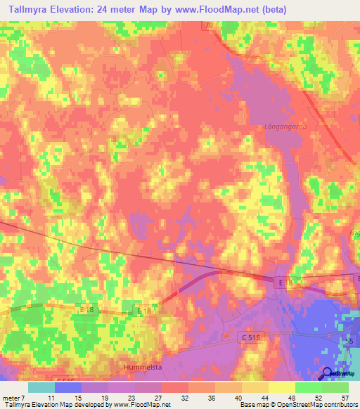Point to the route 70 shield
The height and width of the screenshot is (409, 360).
[208, 25]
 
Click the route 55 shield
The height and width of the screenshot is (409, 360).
[349, 341]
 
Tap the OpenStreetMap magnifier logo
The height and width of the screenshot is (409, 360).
[327, 374]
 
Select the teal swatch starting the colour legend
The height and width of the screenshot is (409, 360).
[41, 387]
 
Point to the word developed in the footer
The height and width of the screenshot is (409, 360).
[79, 405]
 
